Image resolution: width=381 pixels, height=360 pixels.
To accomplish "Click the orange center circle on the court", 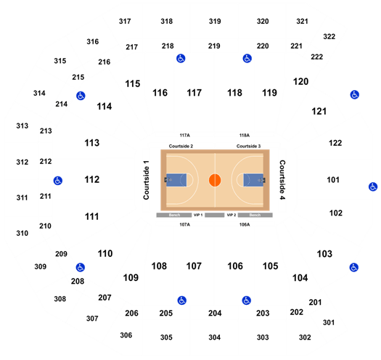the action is (x=215, y=180).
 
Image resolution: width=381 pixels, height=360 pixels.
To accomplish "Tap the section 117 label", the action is (x=194, y=93).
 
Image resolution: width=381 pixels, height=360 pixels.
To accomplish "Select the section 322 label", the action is (x=329, y=36).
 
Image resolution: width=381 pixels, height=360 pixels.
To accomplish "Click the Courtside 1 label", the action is (x=146, y=180).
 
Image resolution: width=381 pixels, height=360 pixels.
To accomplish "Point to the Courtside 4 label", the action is (x=282, y=180).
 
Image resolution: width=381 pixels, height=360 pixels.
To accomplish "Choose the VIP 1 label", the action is (x=198, y=215).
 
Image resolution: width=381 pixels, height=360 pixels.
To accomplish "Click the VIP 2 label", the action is (x=232, y=215).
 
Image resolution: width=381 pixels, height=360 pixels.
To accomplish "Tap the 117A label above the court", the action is (x=184, y=135).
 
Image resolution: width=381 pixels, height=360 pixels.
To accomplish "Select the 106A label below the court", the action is (x=245, y=224).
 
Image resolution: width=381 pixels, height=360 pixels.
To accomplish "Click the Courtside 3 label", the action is (x=249, y=146).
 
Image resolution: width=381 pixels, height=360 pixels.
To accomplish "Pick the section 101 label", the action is (x=333, y=180).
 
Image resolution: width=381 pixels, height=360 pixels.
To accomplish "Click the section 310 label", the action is (x=22, y=234).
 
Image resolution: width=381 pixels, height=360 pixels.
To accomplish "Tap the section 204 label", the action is (x=215, y=313).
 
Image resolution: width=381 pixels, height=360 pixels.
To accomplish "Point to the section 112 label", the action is (x=92, y=179).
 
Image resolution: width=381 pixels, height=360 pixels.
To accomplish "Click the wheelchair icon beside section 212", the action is (x=58, y=181).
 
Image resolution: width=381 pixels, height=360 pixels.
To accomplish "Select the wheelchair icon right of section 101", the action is (x=373, y=187).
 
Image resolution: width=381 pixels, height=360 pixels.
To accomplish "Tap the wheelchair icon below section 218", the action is (x=181, y=58).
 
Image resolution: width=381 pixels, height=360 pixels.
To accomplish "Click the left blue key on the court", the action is (x=176, y=180).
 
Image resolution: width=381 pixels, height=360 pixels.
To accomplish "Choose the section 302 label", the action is (x=305, y=337).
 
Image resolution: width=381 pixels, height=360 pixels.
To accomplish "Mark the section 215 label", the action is (x=78, y=78).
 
